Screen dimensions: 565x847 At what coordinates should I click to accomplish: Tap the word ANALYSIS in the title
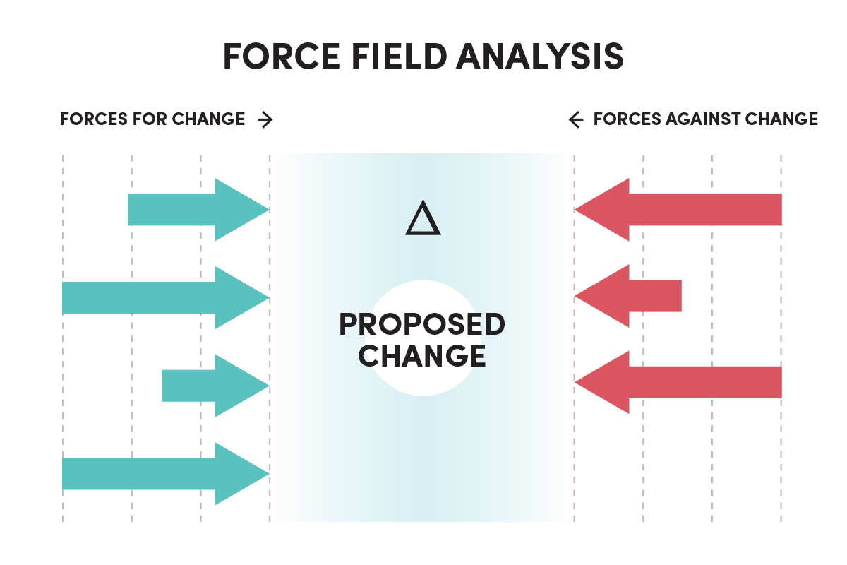pos(540,56)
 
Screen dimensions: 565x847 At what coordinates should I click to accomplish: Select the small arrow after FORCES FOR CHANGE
pos(265,119)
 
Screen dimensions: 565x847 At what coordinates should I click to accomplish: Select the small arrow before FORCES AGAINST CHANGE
pos(576,119)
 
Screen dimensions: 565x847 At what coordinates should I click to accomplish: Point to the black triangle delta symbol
pos(423,218)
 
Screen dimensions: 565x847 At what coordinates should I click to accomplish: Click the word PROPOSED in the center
pos(422,325)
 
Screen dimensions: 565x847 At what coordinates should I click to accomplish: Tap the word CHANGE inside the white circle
pos(422,355)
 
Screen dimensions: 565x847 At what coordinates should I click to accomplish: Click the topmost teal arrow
pos(191,209)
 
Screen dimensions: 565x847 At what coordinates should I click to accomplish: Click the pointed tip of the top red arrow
pos(578,209)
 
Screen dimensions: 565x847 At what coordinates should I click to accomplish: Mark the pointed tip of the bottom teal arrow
pos(266,473)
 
